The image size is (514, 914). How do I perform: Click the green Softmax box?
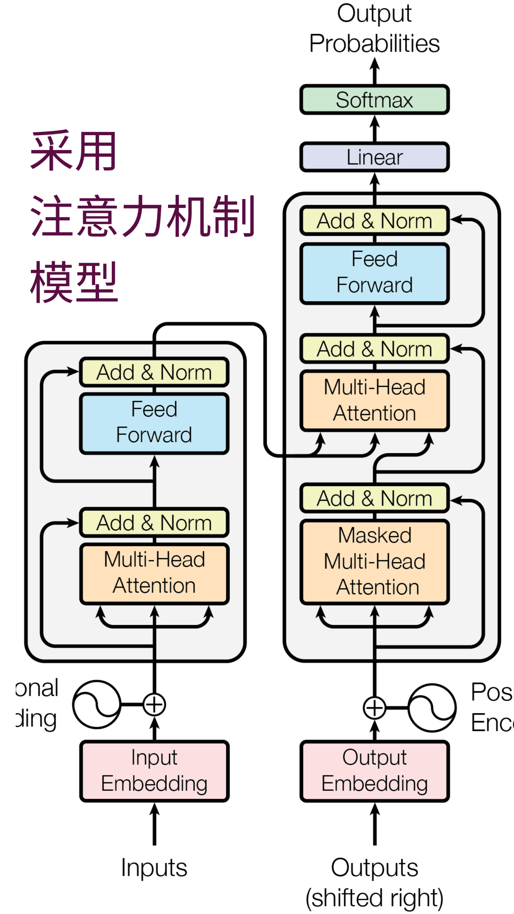[x=375, y=99]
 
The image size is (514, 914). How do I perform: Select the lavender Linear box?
[x=375, y=157]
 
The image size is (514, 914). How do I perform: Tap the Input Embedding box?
[x=154, y=771]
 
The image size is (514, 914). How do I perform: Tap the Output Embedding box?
[x=375, y=771]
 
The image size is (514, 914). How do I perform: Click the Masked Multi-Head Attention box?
[x=375, y=562]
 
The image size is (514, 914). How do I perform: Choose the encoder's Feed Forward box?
[x=154, y=423]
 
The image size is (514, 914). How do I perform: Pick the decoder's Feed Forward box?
[x=375, y=273]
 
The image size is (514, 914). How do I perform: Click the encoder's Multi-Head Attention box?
[x=154, y=573]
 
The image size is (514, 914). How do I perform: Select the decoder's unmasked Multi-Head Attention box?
[x=375, y=401]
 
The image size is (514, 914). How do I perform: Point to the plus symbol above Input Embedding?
[x=154, y=705]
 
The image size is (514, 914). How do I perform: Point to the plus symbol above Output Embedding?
[x=375, y=708]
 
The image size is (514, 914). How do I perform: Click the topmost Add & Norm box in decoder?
[x=375, y=221]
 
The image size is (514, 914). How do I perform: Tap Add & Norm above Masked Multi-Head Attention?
[x=375, y=498]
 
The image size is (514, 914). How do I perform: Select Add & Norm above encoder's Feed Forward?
[x=154, y=372]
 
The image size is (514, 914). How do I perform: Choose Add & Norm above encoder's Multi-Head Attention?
[x=154, y=523]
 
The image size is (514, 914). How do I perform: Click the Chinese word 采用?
[x=73, y=151]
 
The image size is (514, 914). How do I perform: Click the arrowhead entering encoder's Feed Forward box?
[x=154, y=461]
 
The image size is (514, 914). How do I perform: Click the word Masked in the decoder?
[x=375, y=536]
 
